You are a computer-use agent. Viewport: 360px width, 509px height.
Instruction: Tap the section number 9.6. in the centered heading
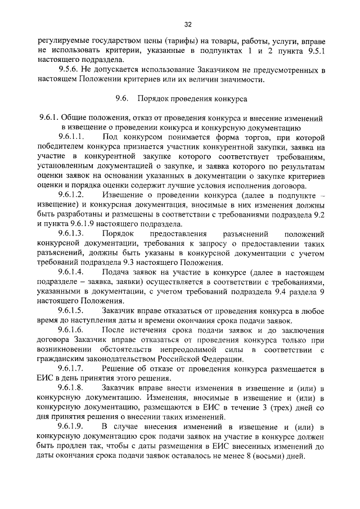coord(122,98)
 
